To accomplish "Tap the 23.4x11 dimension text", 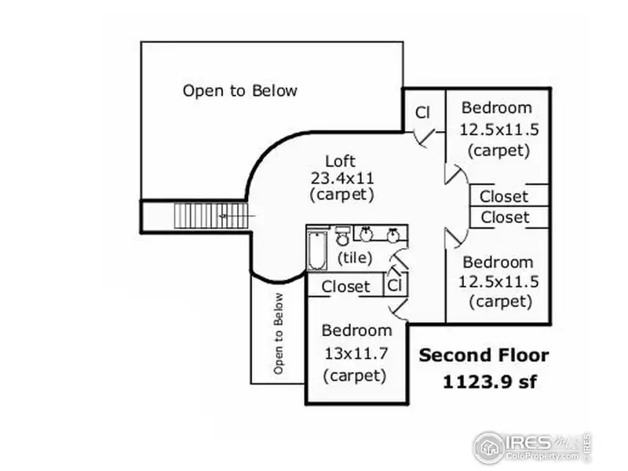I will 341,177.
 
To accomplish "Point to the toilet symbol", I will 342,236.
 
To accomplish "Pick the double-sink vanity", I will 380,233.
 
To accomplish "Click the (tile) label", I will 356,257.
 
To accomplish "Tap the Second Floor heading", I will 484,355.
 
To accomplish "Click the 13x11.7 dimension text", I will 356,353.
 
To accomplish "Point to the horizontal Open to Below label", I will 239,91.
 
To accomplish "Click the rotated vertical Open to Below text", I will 278,333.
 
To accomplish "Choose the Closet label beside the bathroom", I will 345,287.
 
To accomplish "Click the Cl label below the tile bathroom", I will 396,284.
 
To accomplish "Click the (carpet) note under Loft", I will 341,193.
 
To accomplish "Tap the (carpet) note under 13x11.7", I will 356,375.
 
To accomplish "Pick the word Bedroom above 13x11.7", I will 356,330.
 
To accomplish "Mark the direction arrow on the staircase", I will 225,214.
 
